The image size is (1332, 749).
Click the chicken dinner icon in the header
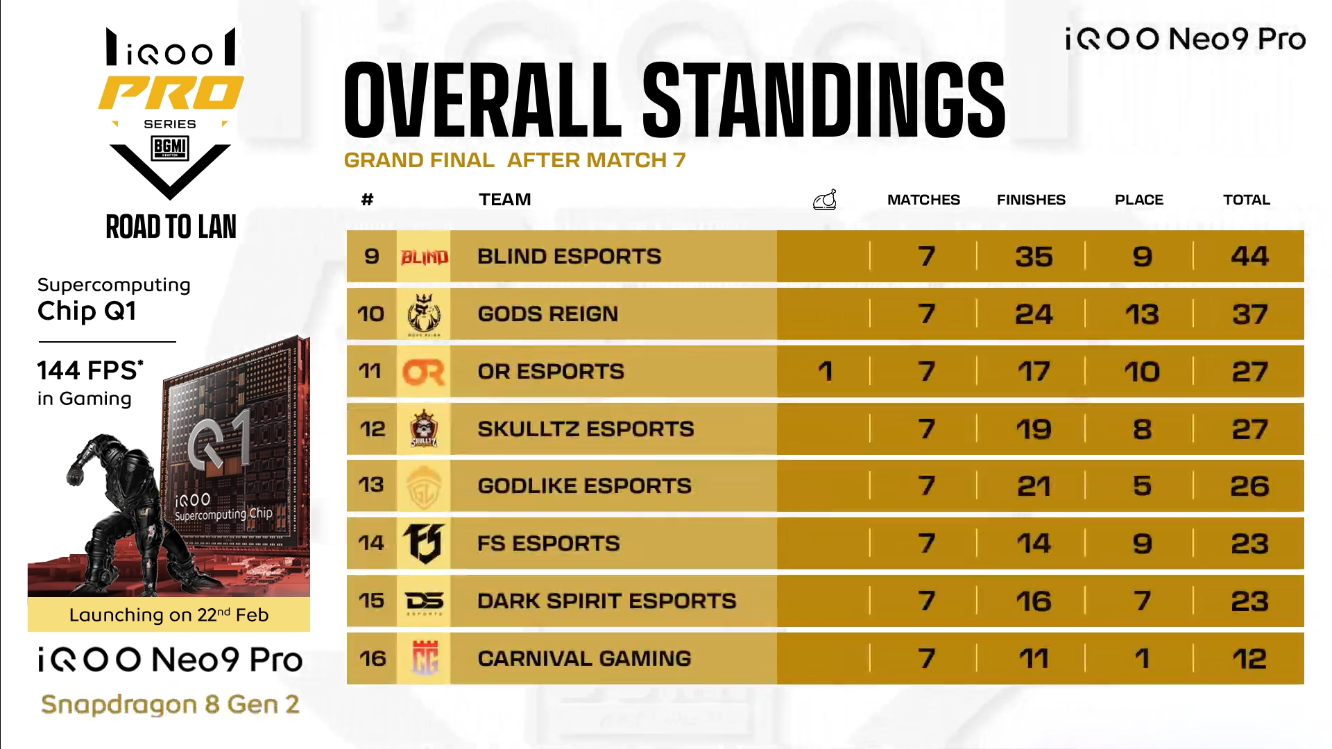pos(824,200)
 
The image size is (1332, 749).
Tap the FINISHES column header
pos(1031,200)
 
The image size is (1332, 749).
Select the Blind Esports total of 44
pos(1249,257)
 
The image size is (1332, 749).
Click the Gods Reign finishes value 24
pos(1034,314)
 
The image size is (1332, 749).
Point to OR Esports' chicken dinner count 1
pos(825,372)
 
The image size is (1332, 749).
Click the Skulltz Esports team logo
pos(423,429)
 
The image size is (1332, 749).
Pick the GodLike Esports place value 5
pos(1142,486)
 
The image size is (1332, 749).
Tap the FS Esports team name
pos(548,543)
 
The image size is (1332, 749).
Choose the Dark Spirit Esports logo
pos(424,601)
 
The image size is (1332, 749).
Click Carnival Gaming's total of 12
pos(1249,659)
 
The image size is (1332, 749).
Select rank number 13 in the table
pos(371,485)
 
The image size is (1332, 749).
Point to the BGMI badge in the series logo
pos(170,148)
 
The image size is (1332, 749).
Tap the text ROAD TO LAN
pos(171,227)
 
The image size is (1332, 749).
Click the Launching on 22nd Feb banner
pos(169,615)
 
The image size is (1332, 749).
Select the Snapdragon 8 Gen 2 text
pos(170,705)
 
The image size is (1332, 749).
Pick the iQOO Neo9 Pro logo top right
pos(1185,40)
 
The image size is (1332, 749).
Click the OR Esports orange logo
pos(423,372)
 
